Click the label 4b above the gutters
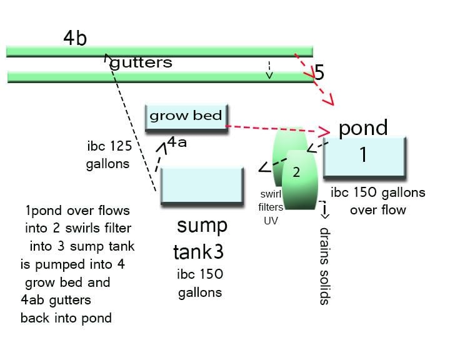[x=74, y=39]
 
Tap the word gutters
[x=141, y=63]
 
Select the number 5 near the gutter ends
[x=319, y=72]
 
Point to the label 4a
[x=177, y=143]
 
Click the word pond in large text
[x=363, y=128]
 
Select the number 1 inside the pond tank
[x=363, y=155]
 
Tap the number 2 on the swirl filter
[x=297, y=173]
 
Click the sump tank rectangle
[x=201, y=185]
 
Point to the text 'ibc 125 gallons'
[x=109, y=155]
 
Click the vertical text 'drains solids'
[x=324, y=265]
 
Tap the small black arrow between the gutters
[x=269, y=69]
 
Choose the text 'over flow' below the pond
[x=377, y=210]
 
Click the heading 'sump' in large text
[x=202, y=225]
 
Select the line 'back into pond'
[x=66, y=318]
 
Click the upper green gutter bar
[x=159, y=51]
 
